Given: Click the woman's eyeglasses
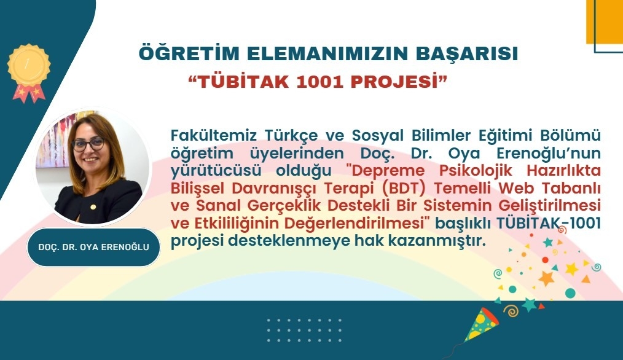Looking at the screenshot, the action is coord(88,144).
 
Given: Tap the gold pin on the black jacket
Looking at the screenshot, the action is coord(93,207).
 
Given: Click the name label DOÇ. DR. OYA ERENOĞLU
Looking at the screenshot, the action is coord(94,247).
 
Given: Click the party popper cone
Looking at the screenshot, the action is coord(482,324).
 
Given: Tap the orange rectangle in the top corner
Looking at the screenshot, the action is coord(605,22).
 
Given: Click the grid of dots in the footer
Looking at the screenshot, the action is coord(304,330).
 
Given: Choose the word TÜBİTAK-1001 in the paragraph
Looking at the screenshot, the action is coord(548,224).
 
